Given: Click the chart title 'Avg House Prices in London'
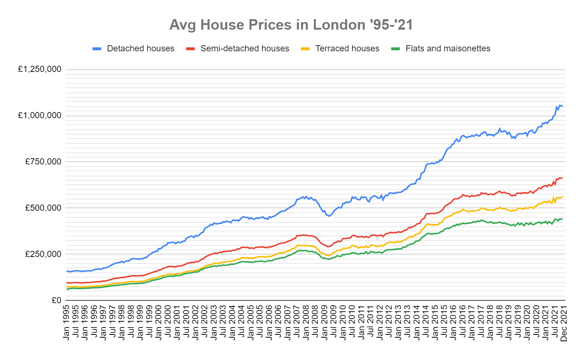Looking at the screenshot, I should [291, 25].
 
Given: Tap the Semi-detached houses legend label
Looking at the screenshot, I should [244, 48].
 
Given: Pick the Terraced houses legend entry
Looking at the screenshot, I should [347, 48].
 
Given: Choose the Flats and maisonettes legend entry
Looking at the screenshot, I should [447, 48].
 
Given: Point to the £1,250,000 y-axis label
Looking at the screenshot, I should [40, 69].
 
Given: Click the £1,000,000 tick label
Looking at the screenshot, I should [40, 115].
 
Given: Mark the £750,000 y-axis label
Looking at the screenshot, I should [43, 162].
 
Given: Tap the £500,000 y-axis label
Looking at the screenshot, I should [43, 208].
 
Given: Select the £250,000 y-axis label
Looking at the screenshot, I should [43, 254].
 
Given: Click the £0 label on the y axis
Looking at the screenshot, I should [56, 300].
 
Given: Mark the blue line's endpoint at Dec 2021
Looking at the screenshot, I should [562, 106].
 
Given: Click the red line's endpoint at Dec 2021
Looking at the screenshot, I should [562, 178].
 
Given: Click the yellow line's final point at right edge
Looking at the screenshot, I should [562, 197].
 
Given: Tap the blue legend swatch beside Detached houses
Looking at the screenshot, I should [97, 49].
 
